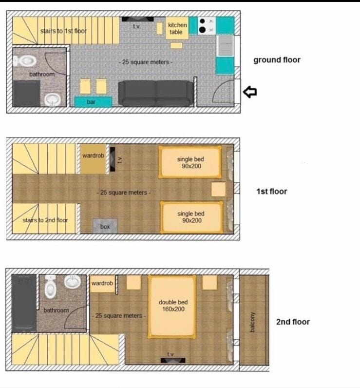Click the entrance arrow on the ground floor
click(x=250, y=92)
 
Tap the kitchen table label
click(x=177, y=28)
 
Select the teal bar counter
click(x=93, y=102)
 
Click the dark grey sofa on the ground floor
click(x=156, y=93)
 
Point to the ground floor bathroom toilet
click(x=25, y=60)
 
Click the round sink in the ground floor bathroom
click(x=53, y=99)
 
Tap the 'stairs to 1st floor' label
click(x=63, y=31)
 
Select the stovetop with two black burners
click(x=207, y=25)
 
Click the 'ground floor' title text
click(x=277, y=60)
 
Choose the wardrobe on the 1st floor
click(x=93, y=158)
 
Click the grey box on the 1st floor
click(x=105, y=226)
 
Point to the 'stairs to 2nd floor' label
click(x=45, y=220)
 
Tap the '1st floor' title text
click(x=272, y=191)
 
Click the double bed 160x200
click(x=172, y=307)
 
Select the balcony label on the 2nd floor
click(x=252, y=322)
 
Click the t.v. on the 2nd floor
click(x=173, y=360)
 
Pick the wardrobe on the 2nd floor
click(x=102, y=284)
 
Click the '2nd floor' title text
click(x=293, y=322)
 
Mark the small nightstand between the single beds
click(x=218, y=189)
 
